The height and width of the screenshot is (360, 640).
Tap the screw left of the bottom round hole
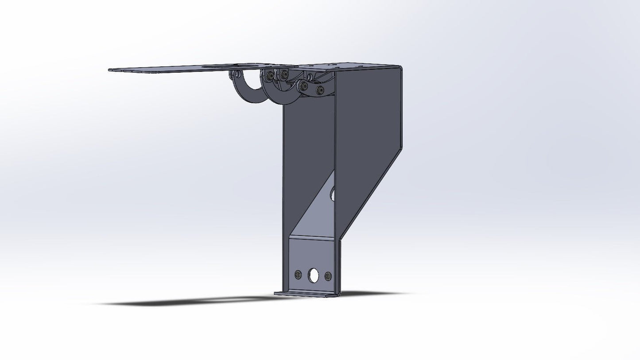[x=298, y=275]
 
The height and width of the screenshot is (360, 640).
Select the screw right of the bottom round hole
[x=328, y=276]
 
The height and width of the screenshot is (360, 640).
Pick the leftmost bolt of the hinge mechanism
[x=269, y=77]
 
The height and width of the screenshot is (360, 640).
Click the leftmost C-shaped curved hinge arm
[x=246, y=91]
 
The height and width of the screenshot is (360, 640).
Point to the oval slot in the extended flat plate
[x=230, y=67]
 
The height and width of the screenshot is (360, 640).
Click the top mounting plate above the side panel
[x=350, y=66]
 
